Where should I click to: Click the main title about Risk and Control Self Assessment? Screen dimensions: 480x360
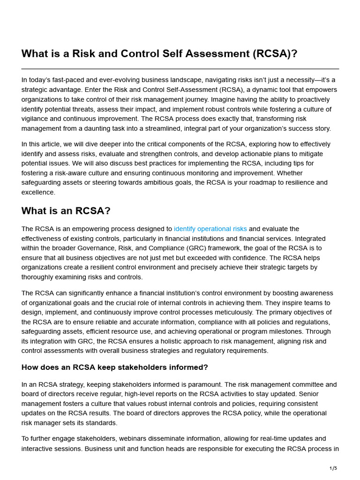click(159, 54)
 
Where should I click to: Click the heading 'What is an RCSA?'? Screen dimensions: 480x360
click(66, 211)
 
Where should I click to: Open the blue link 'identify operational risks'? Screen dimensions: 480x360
click(210, 229)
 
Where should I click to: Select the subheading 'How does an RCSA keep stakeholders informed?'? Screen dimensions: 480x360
click(114, 367)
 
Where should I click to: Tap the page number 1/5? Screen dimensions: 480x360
click(333, 468)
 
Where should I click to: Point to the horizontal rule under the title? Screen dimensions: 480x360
click(180, 69)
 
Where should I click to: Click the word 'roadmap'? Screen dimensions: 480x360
click(255, 182)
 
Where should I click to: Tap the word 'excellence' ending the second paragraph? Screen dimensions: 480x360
click(38, 192)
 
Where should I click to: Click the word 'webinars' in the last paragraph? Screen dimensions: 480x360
click(133, 439)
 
